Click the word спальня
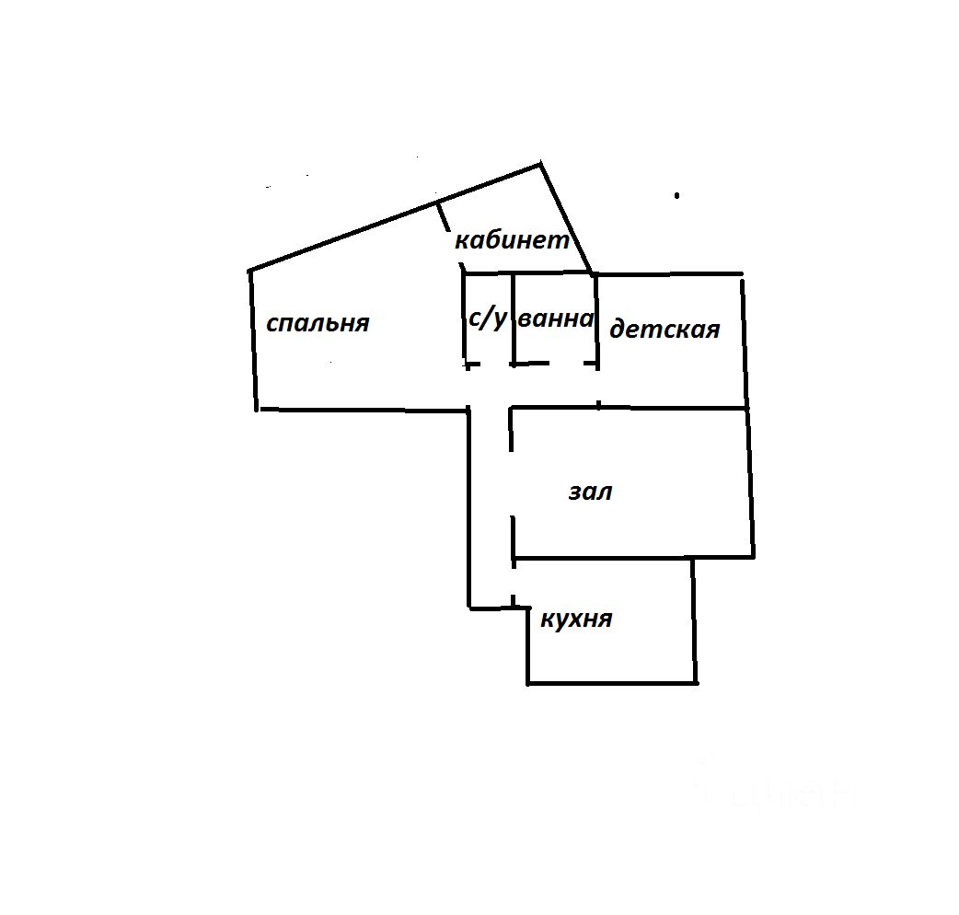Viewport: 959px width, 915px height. (318, 323)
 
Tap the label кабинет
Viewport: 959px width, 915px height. (513, 241)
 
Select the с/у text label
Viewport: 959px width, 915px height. (487, 318)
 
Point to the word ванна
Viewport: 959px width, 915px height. (556, 319)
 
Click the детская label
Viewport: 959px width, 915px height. (664, 329)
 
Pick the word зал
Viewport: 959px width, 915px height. (590, 492)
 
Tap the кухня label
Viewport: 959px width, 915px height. (576, 619)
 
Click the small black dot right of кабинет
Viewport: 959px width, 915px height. (677, 195)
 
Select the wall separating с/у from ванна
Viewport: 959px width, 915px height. (513, 318)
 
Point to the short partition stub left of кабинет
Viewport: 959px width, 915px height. (443, 217)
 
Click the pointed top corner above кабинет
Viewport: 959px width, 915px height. (539, 165)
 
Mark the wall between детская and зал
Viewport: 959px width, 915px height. (672, 407)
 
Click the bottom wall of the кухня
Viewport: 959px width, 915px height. (612, 683)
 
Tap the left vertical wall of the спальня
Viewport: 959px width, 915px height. (252, 341)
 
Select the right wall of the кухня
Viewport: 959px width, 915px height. (694, 621)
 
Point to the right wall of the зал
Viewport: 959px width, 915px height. (750, 483)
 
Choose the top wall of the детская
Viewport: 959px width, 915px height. (669, 273)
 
